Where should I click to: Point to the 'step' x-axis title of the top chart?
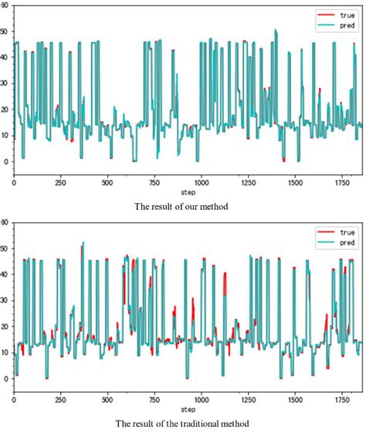click(x=188, y=191)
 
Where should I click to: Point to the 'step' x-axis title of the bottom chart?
click(x=188, y=409)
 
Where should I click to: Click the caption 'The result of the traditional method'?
click(x=183, y=423)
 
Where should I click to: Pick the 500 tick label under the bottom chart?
click(x=107, y=401)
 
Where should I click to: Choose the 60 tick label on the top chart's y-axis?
click(x=5, y=5)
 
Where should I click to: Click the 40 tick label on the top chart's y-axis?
click(x=5, y=57)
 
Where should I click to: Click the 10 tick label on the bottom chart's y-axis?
click(x=5, y=353)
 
